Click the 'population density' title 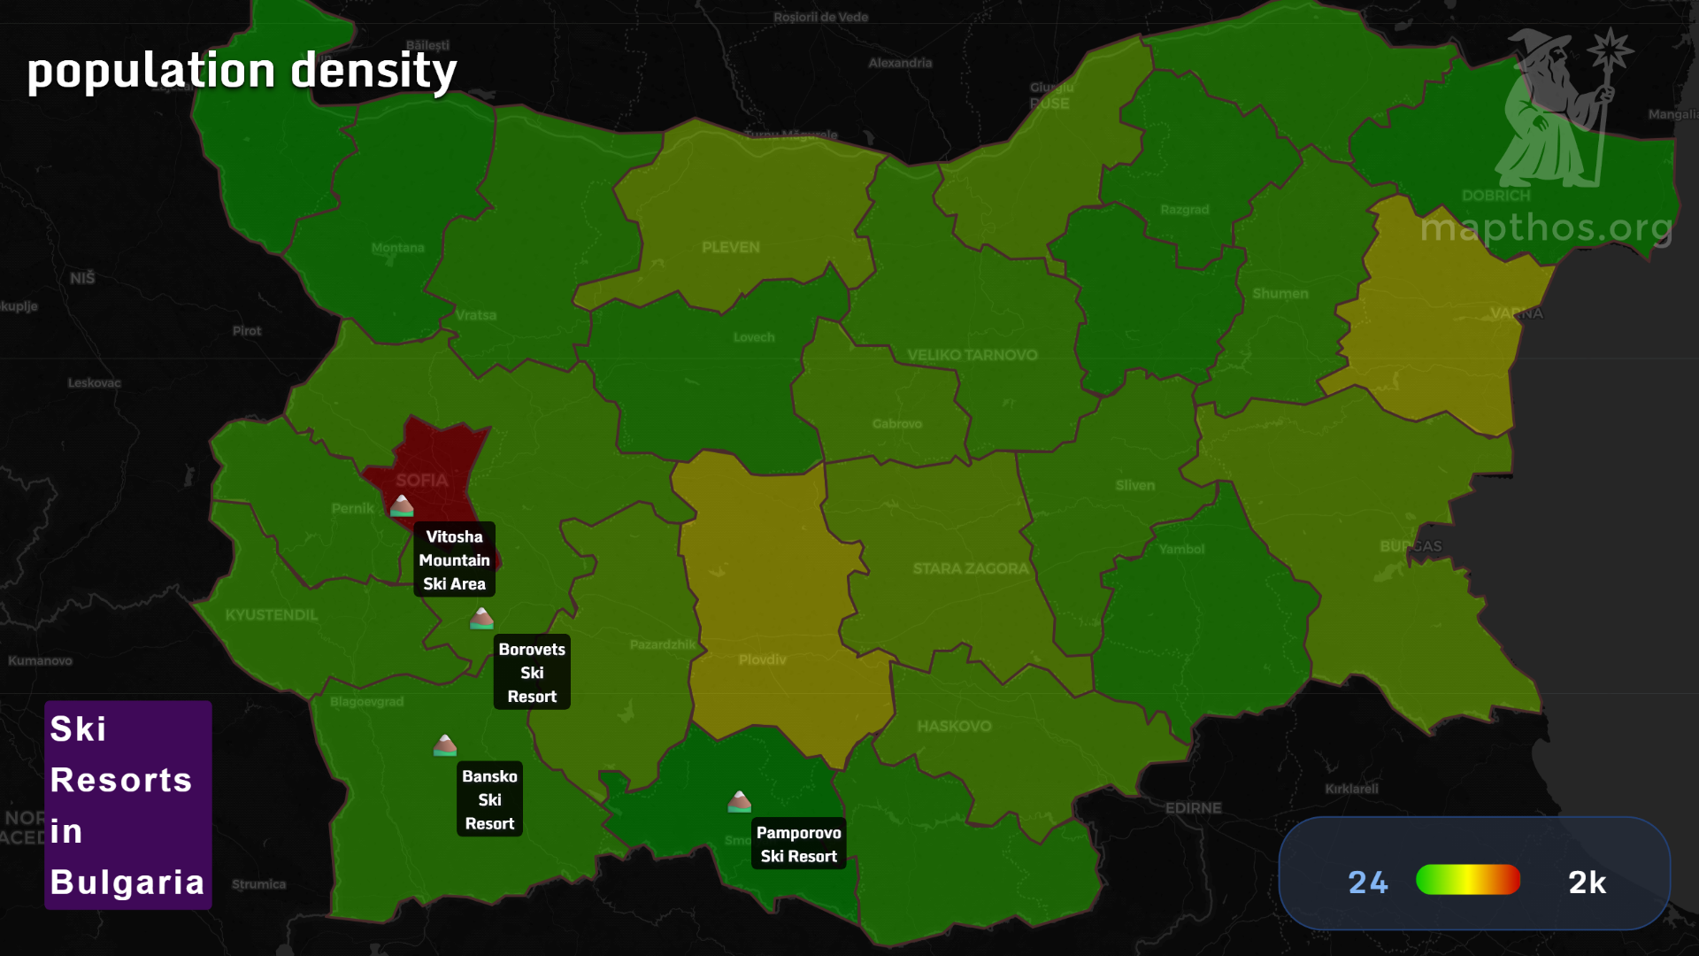click(242, 71)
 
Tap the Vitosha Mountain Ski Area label click(454, 559)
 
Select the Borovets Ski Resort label click(532, 672)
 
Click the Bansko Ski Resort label click(489, 799)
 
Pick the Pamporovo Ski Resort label click(798, 844)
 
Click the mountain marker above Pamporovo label click(739, 802)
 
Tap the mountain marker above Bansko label click(445, 745)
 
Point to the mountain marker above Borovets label click(481, 618)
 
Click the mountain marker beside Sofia click(402, 505)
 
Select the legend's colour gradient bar click(1467, 880)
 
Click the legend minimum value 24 click(1368, 882)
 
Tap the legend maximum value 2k click(1587, 882)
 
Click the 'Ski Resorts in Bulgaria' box click(128, 805)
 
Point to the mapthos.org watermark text click(1546, 228)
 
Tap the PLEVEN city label click(731, 247)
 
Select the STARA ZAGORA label click(971, 568)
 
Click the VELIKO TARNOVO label click(972, 355)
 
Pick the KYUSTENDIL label click(271, 614)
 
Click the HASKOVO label click(954, 726)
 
